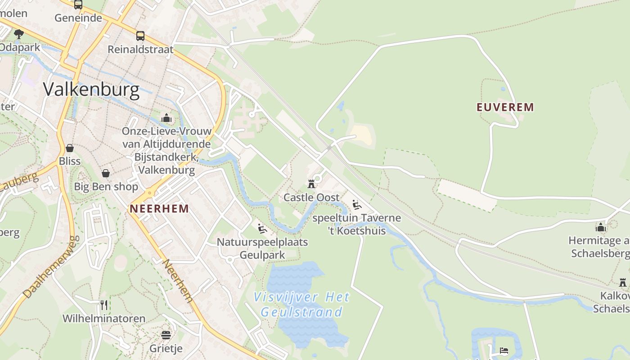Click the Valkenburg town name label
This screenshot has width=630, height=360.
coord(91,90)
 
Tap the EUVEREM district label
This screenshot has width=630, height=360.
coord(505,107)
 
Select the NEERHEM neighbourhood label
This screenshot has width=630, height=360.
coord(159,209)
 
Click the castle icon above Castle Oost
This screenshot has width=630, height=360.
coord(311,184)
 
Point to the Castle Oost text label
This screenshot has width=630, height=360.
coord(311,198)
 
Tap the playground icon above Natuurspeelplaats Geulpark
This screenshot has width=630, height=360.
coord(262,228)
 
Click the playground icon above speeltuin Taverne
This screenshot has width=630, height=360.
coord(357,205)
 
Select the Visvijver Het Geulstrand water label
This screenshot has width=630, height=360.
coord(301,304)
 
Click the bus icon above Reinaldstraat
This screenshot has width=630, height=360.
coord(140,36)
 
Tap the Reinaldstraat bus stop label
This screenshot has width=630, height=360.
coord(140,49)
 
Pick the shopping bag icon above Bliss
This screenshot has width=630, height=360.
coord(70,148)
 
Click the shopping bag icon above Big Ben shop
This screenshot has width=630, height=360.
coord(106,173)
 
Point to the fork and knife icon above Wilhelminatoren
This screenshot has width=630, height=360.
coord(104,305)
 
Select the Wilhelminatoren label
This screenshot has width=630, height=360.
coord(104,319)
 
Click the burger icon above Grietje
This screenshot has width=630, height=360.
coord(166,335)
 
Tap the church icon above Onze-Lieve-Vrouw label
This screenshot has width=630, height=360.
coord(166,118)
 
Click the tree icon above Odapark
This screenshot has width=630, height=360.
coord(18,33)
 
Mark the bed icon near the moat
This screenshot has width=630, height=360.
coord(504,350)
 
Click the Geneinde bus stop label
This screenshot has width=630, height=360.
coord(78,18)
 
